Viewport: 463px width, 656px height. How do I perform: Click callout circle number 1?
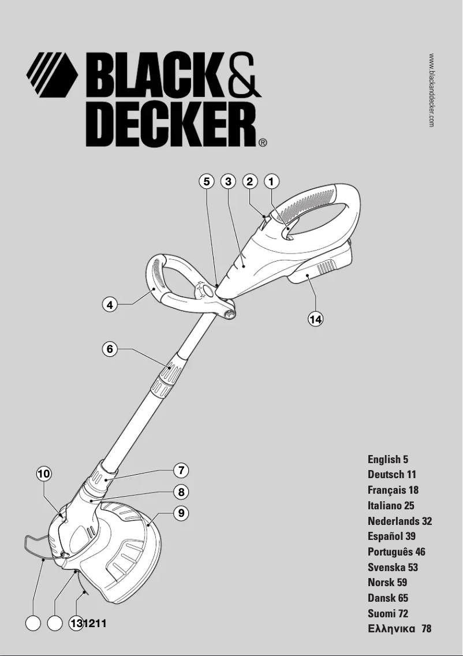[x=271, y=181]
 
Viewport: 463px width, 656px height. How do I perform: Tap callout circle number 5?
[x=206, y=181]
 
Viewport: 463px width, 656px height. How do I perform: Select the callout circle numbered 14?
[x=315, y=318]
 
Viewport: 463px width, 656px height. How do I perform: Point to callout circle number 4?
[x=110, y=304]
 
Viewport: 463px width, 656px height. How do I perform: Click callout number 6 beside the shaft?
[x=110, y=349]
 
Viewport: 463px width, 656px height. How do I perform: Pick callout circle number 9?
[x=181, y=513]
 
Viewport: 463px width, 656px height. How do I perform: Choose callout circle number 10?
[x=44, y=474]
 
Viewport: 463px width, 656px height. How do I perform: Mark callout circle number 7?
[x=181, y=471]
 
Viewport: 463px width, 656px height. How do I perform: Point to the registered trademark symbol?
[x=262, y=142]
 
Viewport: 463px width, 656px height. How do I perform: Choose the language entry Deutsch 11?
[x=391, y=475]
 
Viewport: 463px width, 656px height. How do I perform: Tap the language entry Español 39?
[x=391, y=536]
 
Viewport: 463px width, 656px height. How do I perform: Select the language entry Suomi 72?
[x=387, y=613]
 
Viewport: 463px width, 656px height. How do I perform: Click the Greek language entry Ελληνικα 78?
[x=399, y=628]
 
